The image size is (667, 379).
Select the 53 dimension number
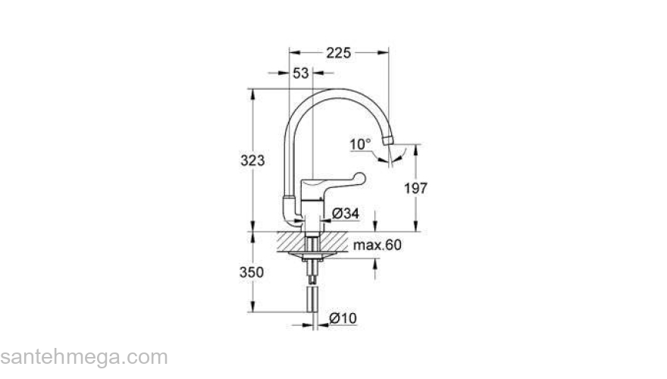coord(301,74)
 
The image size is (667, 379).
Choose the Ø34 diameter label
coord(346,215)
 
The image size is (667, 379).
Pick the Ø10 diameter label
coord(343,319)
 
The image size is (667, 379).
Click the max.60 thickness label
coord(377,245)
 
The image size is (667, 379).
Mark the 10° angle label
coord(361,143)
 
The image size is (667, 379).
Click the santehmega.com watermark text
coord(83,356)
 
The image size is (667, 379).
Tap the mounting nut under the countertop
coord(312,258)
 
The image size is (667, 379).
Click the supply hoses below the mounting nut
coord(312,299)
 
